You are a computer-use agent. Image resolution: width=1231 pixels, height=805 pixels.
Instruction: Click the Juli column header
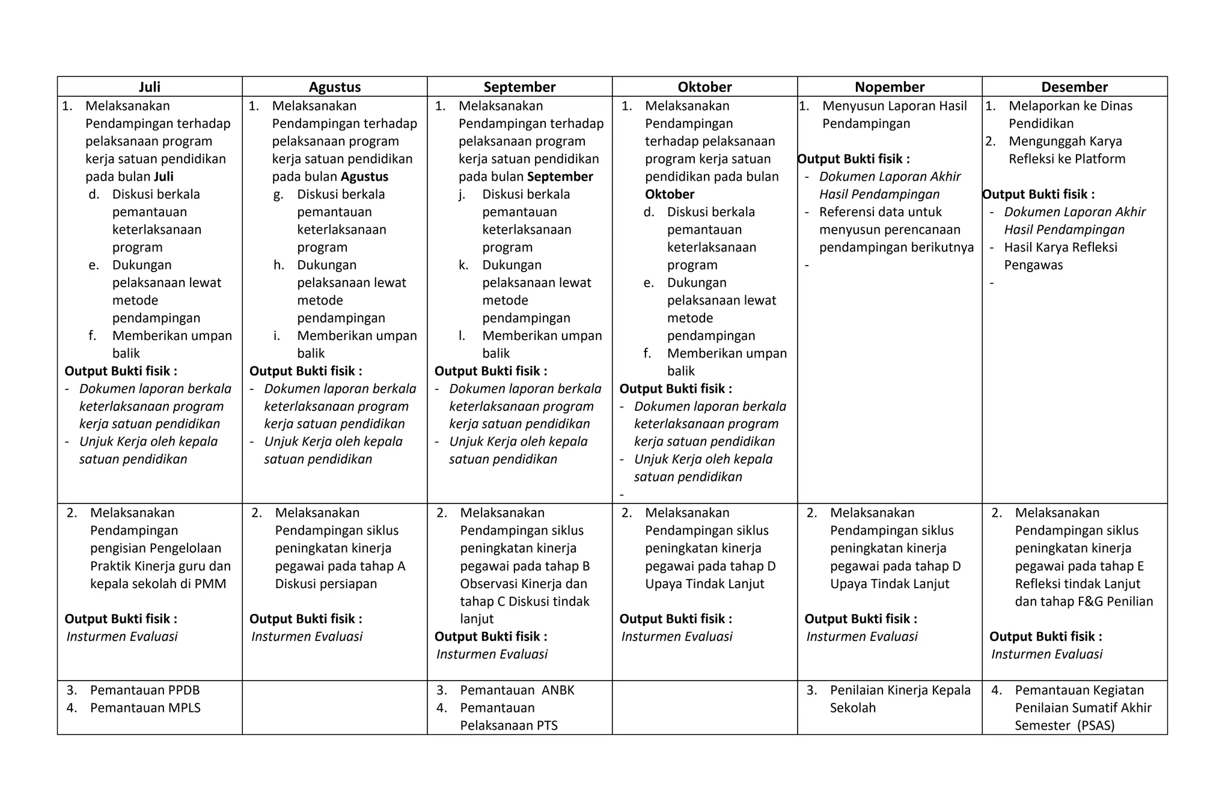(150, 87)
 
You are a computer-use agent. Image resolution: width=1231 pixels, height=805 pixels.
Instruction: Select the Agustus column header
(335, 87)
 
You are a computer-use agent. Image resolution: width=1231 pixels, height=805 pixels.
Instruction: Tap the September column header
(519, 87)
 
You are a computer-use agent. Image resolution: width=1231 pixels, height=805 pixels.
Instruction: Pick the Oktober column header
(704, 87)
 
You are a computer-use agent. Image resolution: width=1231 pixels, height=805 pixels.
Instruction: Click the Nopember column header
(890, 87)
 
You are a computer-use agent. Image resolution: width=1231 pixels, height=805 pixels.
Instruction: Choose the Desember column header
(1074, 87)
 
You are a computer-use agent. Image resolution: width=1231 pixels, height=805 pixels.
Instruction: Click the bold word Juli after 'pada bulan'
(164, 177)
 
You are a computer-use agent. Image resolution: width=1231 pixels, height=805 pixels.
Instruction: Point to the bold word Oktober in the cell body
(670, 194)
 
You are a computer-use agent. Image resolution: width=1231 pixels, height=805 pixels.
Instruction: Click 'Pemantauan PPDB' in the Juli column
(145, 690)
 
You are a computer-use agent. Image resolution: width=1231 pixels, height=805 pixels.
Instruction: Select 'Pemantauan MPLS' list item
(145, 708)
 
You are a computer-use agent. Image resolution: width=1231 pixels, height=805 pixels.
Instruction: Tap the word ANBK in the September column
(558, 690)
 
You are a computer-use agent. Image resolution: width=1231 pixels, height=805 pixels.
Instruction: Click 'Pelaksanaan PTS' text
(509, 725)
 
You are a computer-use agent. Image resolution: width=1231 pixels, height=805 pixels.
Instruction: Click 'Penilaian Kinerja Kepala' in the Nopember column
(900, 690)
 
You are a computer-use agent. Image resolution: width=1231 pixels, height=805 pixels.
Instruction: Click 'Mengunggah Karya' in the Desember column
(1065, 141)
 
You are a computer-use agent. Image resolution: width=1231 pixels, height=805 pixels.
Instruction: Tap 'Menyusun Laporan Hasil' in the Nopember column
(894, 106)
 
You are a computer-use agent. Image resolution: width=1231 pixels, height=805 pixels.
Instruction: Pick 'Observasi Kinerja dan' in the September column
(523, 583)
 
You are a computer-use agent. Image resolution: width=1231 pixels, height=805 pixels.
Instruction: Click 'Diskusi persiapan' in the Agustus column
(326, 583)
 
